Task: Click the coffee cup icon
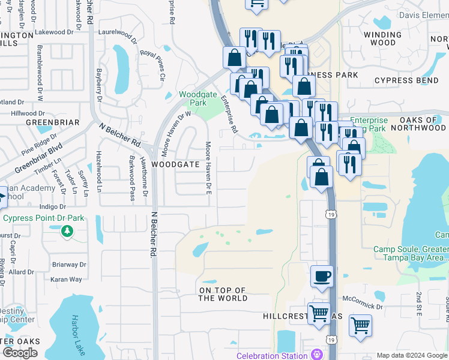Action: click(322, 277)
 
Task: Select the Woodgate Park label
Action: click(198, 99)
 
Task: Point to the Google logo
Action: click(20, 352)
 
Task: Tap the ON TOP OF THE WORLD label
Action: click(223, 294)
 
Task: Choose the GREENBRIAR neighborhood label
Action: click(44, 122)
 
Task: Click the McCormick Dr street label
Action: click(362, 306)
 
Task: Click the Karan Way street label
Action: click(66, 280)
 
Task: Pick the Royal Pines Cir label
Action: click(152, 61)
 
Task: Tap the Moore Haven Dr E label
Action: click(208, 168)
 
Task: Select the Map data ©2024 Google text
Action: click(411, 355)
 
